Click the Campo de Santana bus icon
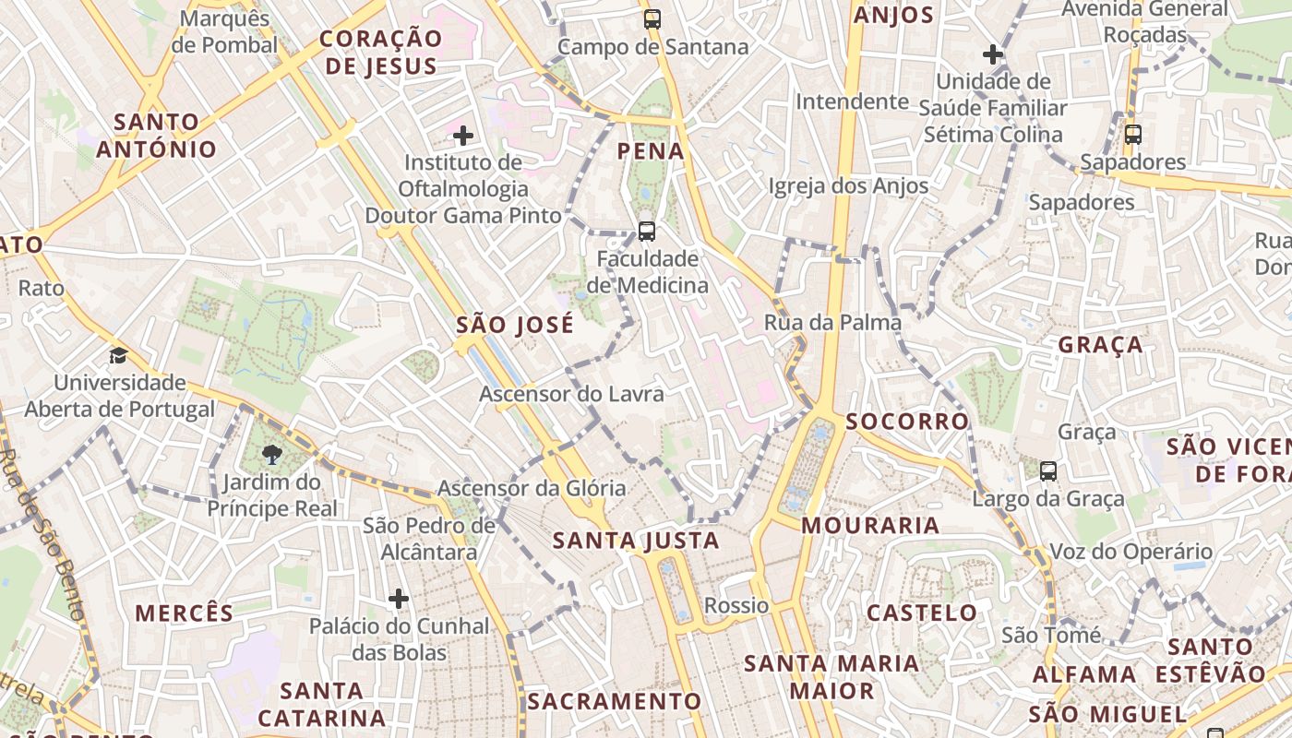click(652, 18)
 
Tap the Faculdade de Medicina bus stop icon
click(647, 231)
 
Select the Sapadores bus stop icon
click(1133, 135)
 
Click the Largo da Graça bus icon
click(1048, 471)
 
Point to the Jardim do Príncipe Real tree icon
click(271, 454)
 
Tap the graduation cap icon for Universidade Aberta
click(118, 355)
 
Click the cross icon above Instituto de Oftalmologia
click(463, 137)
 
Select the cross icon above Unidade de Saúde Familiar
click(993, 54)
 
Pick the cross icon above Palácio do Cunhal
click(399, 600)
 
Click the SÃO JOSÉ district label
click(515, 325)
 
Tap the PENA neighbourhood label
click(651, 151)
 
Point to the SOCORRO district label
click(907, 422)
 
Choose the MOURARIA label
click(870, 526)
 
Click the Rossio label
click(736, 606)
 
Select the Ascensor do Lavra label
click(571, 394)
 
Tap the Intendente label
click(852, 101)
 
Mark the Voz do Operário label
click(1131, 552)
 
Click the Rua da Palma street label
click(832, 323)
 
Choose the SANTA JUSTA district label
click(636, 541)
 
